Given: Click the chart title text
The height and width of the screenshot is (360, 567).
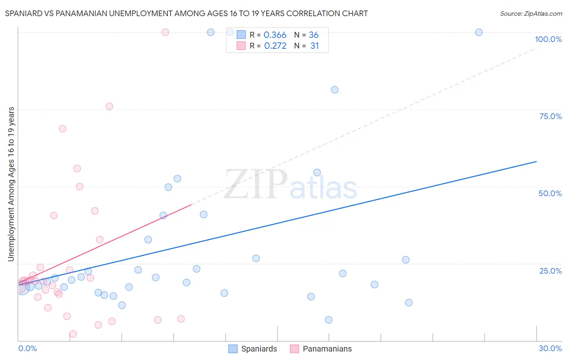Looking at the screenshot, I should (x=186, y=13).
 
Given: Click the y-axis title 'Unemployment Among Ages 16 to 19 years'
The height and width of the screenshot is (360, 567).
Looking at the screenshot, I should (x=11, y=184).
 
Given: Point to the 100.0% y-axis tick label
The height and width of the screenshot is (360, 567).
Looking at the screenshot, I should (x=548, y=39).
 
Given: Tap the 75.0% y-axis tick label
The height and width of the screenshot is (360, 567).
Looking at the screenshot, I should (x=550, y=116).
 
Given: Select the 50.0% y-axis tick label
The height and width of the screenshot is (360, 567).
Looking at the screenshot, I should (x=550, y=193).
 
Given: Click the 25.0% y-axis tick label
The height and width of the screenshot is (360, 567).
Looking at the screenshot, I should (x=550, y=270).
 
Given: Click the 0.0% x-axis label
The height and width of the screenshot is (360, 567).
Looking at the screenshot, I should (x=27, y=348).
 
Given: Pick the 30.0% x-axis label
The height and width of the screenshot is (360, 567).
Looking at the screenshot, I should (x=550, y=348).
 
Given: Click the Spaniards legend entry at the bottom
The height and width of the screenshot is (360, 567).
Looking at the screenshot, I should (x=253, y=349).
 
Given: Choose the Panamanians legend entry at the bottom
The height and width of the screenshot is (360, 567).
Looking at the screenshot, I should (x=321, y=349).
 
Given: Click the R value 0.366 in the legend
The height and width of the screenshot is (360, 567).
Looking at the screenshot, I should (x=275, y=35).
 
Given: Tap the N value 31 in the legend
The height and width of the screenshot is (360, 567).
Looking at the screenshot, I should (x=315, y=46).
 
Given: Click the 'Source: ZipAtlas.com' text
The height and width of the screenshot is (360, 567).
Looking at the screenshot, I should (x=531, y=13).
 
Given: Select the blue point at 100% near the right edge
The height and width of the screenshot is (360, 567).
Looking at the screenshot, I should (x=479, y=32).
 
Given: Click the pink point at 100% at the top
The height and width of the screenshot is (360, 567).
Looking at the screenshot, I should (x=165, y=32).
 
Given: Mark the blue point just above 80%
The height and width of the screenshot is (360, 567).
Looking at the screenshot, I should (x=335, y=90).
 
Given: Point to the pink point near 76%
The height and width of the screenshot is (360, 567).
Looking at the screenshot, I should (x=109, y=107).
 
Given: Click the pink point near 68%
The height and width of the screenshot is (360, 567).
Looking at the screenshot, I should (x=63, y=129).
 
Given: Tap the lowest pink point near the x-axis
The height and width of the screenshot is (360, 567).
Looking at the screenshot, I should (x=73, y=334).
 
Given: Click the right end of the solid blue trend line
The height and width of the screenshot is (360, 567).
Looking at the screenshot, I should (x=536, y=161).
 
